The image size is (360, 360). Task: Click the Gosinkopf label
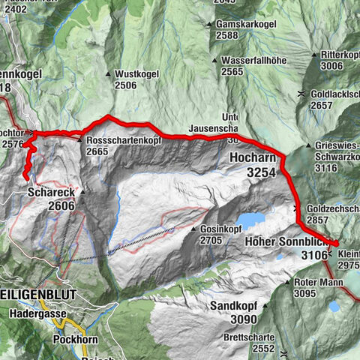tap(223, 229)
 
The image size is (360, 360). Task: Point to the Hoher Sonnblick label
tap(288, 242)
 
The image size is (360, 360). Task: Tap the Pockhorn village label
tap(73, 339)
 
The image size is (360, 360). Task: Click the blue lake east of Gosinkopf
tap(250, 220)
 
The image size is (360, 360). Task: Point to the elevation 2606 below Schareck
tap(61, 205)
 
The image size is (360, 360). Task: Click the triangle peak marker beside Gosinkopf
tap(195, 229)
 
